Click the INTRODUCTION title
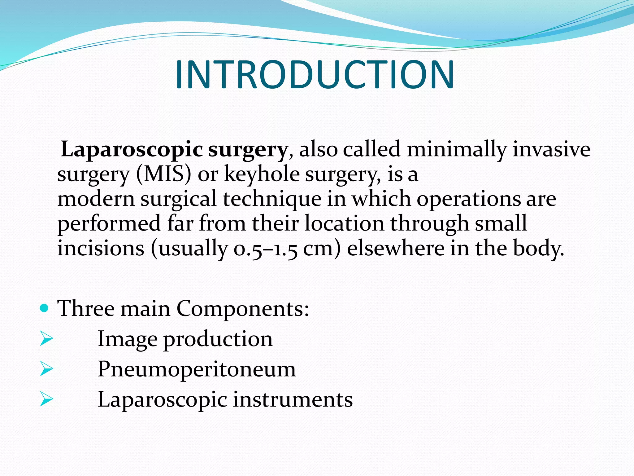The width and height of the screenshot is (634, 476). coord(315,75)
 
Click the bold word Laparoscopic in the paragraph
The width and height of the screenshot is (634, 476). coord(132,150)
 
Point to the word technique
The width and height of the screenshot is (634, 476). coord(272,199)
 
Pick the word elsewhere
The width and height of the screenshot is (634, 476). coord(395,248)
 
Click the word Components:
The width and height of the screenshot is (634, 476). coord(243,309)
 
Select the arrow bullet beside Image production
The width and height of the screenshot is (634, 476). coord(46,339)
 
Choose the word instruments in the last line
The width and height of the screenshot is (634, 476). coord(293,399)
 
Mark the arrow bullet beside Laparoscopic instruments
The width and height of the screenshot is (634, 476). coord(46,399)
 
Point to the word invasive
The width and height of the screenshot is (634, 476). coord(551,150)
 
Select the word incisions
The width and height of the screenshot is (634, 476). coord(101,248)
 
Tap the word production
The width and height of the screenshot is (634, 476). coord(218,339)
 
